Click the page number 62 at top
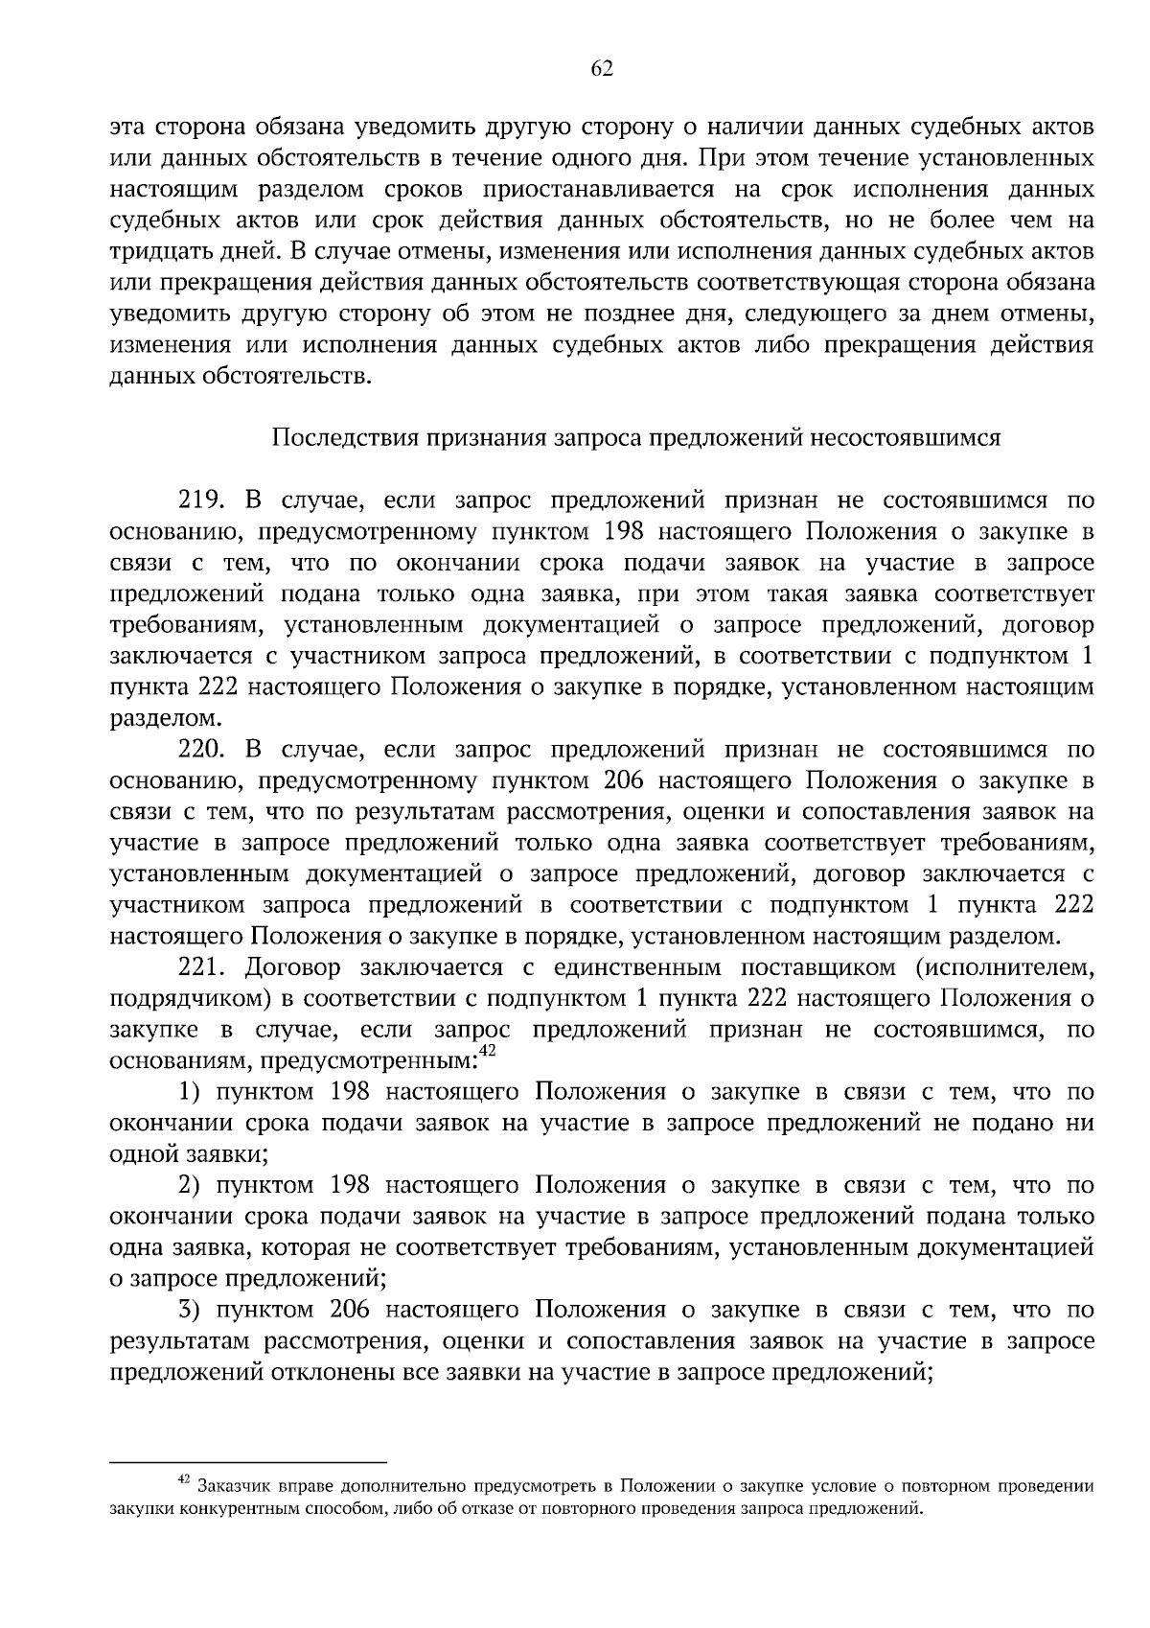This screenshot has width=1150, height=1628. (x=602, y=67)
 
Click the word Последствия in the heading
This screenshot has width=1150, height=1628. (x=331, y=438)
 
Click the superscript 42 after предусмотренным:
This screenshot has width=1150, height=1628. (x=487, y=1052)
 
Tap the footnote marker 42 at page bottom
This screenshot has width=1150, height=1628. (x=186, y=1481)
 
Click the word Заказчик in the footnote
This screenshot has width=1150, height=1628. (x=229, y=1487)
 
